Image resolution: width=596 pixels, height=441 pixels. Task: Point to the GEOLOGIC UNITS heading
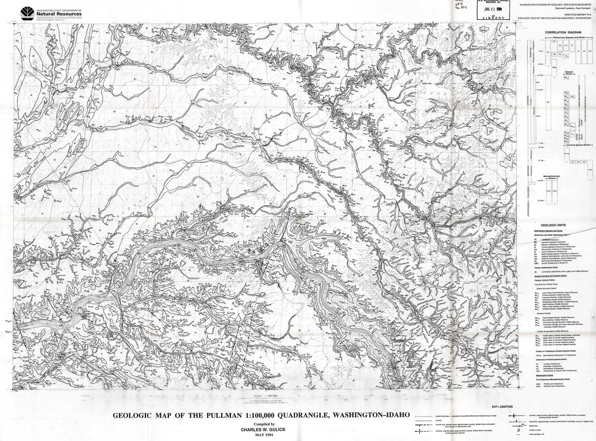point(555,225)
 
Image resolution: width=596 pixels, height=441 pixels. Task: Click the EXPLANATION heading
point(502,407)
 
